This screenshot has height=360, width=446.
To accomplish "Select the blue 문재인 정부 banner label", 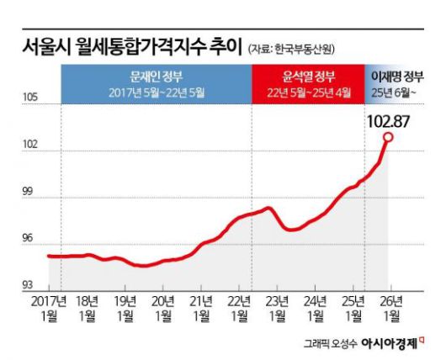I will (155, 76).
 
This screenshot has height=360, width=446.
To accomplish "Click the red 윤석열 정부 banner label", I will (308, 76).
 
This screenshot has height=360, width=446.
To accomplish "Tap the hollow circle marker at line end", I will (388, 137).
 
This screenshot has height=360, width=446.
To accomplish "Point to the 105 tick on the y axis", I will (29, 99).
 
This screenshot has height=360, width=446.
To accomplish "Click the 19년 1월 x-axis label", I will (125, 307).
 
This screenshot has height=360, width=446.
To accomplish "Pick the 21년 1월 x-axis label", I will (201, 307).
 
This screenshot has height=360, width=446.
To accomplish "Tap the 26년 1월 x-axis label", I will (391, 307).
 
